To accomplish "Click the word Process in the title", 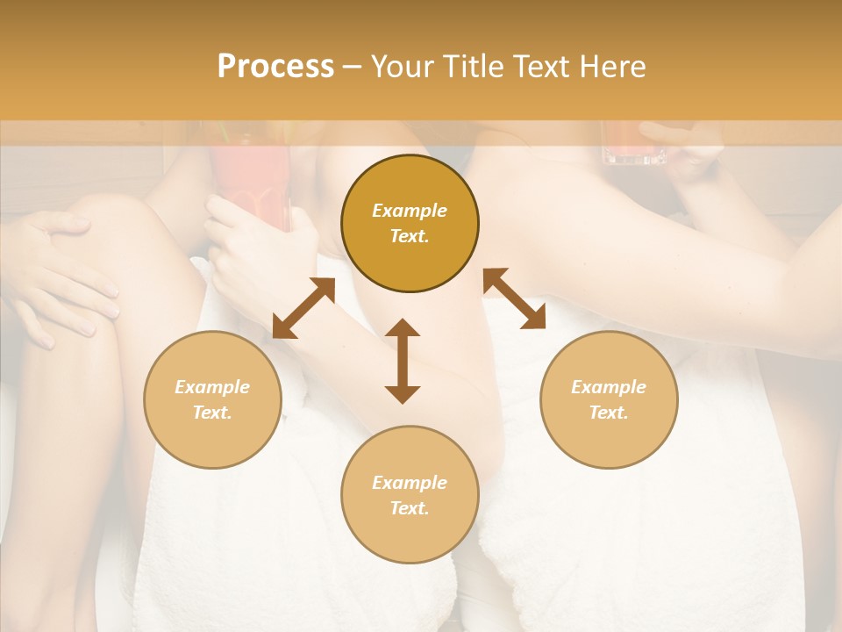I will point(275,67).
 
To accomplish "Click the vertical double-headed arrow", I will point(403,361).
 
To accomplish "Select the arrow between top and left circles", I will point(303,308).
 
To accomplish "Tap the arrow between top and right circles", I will point(514,298).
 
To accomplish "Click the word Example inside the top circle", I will point(410,211).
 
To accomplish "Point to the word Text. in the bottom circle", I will point(410,508).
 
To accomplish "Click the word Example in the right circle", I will point(609,387).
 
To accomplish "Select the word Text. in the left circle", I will point(212,413).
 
